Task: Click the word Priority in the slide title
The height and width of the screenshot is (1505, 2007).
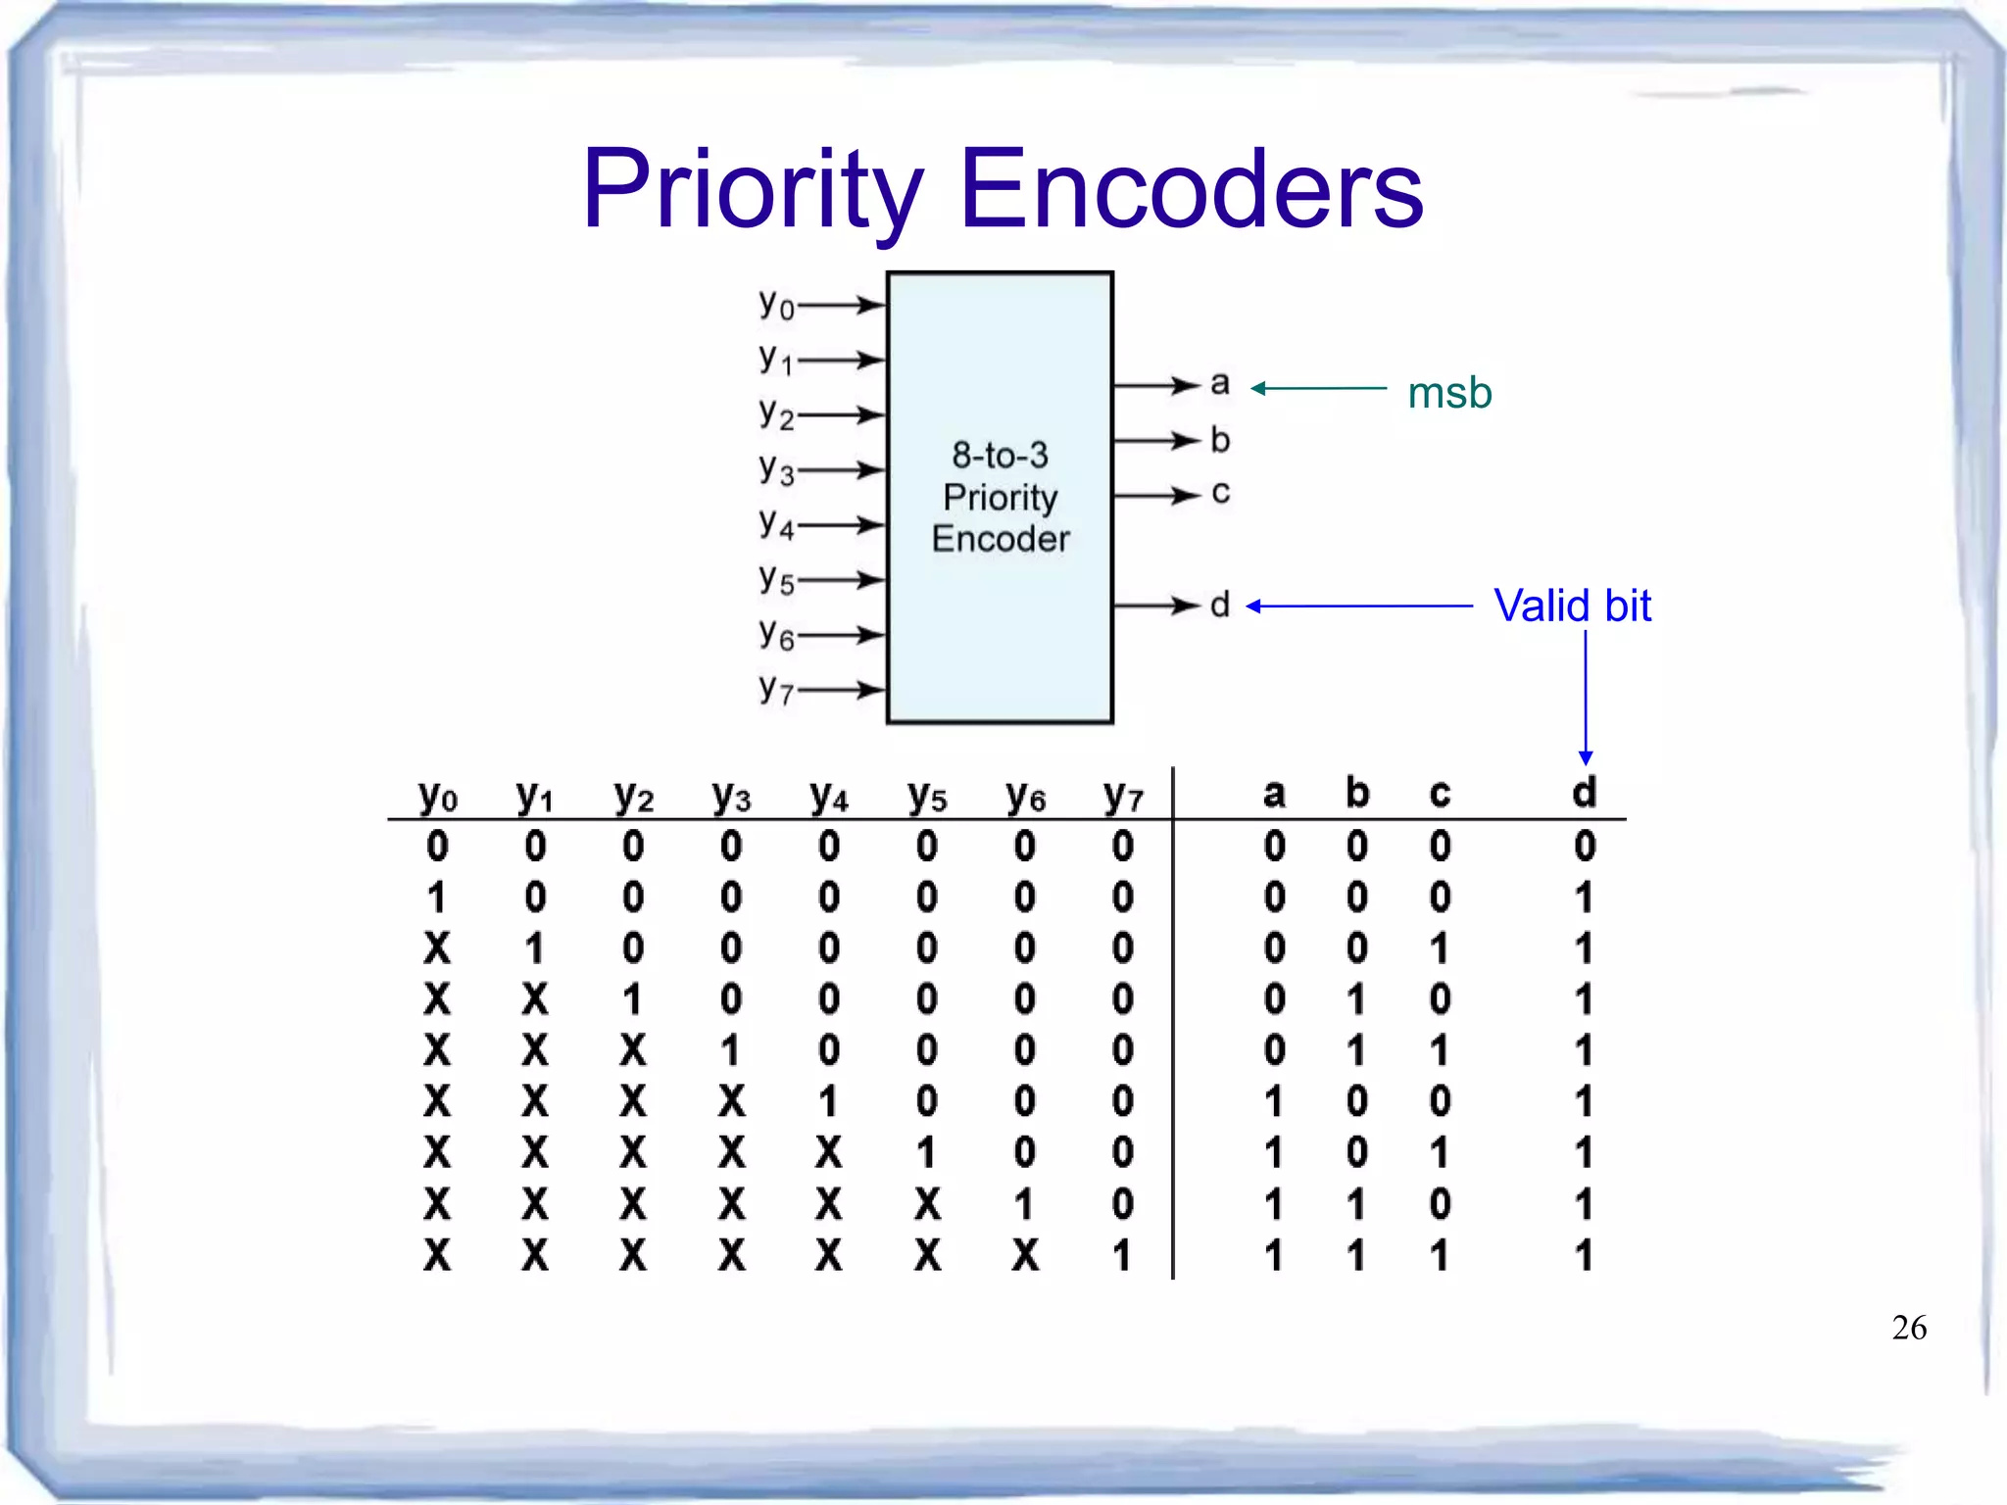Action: [x=753, y=190]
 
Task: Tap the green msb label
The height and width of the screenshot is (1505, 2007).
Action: [x=1449, y=393]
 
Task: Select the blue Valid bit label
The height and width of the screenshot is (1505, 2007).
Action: [x=1572, y=606]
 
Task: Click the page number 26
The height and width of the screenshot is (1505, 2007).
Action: [x=1909, y=1328]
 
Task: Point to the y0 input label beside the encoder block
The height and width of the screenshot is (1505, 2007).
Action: [x=776, y=305]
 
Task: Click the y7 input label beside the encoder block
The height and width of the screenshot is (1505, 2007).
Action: [x=776, y=690]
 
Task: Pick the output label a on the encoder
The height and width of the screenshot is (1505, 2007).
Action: [x=1220, y=382]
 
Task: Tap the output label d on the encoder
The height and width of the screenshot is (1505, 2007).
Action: [x=1220, y=604]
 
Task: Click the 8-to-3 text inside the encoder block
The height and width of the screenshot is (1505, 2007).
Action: [x=1000, y=455]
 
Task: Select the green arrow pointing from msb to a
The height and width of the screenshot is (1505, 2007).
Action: [x=1318, y=388]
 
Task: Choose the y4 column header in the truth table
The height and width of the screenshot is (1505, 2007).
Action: [x=829, y=796]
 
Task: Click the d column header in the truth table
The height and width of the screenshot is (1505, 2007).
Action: [x=1584, y=792]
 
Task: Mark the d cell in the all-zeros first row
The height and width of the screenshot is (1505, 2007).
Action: [x=1585, y=846]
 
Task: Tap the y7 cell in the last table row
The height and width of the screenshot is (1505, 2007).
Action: [x=1122, y=1255]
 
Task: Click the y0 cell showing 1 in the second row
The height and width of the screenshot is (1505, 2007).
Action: [x=437, y=897]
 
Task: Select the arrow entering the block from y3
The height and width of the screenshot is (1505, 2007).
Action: [x=842, y=470]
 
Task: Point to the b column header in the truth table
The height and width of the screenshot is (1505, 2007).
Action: [x=1356, y=792]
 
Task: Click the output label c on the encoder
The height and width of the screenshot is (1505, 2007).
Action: [x=1220, y=492]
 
